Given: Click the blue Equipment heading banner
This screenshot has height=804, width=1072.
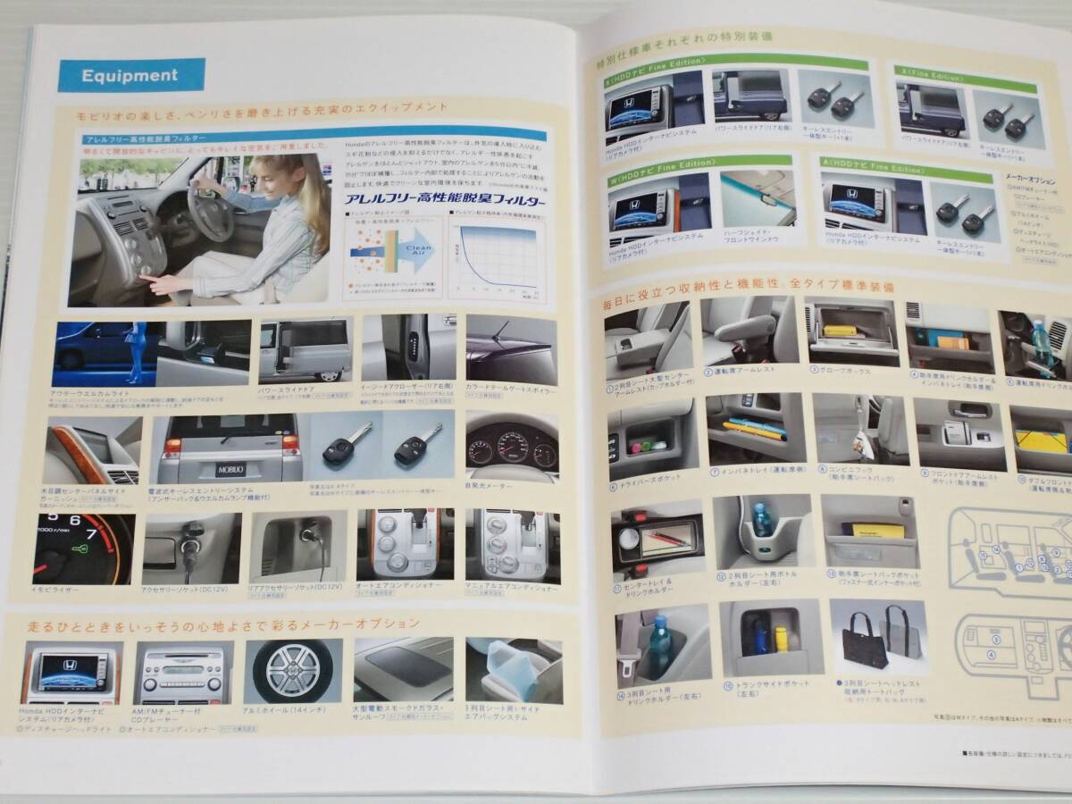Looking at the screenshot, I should point(131,75).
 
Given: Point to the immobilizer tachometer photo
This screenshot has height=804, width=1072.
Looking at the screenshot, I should point(84,548).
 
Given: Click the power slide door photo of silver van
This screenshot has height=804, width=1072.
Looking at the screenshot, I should point(304,350).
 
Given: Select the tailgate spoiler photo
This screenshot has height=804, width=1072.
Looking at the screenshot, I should point(511,350).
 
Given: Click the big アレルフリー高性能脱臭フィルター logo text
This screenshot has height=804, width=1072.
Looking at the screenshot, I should point(446,204).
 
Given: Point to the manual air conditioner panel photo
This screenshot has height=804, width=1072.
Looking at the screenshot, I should point(511,544).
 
